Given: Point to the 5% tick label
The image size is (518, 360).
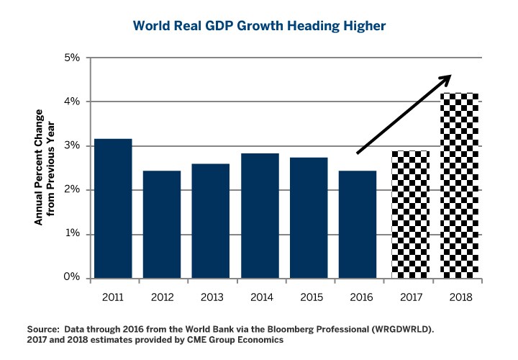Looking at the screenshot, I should click(71, 58).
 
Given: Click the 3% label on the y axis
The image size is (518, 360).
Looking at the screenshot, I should click(71, 146).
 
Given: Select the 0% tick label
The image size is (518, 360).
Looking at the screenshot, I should click(71, 278).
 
